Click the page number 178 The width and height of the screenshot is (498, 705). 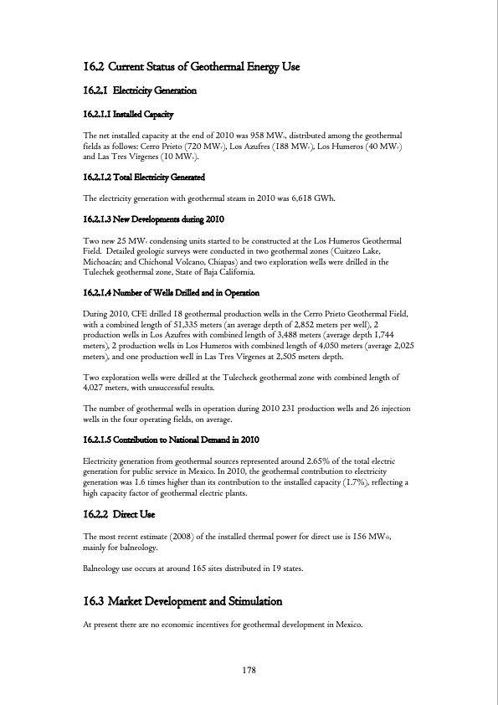tap(249, 670)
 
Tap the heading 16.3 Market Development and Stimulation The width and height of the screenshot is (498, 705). tap(182, 602)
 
